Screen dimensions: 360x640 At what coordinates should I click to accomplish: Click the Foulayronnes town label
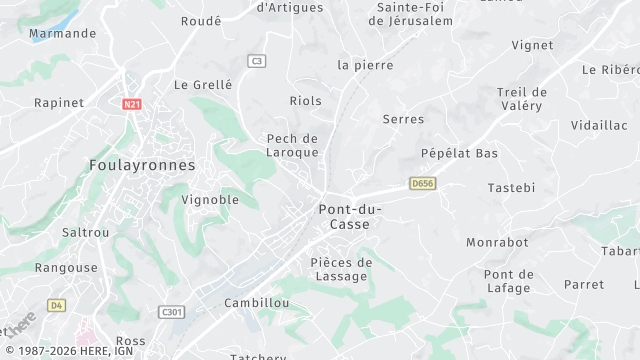point(142,165)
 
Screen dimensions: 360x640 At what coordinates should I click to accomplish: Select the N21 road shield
point(132,104)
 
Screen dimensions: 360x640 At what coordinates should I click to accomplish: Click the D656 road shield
point(422,183)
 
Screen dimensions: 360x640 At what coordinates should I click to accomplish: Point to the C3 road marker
point(257,61)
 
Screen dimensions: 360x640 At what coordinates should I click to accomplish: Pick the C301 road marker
point(172,312)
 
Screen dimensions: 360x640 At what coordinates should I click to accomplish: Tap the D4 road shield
point(56,304)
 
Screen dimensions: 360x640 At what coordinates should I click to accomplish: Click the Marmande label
point(63,33)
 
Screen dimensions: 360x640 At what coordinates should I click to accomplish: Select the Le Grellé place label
point(203,85)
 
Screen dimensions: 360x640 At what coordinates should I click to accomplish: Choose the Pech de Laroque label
point(292,145)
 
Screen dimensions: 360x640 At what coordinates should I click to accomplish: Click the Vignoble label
point(210,199)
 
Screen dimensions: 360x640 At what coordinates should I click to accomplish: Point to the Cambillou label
point(257,302)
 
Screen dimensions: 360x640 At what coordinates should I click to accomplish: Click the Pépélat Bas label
point(459,153)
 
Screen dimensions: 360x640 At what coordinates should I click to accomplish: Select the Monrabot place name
point(497,242)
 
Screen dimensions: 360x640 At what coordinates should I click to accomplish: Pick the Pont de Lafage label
point(507,281)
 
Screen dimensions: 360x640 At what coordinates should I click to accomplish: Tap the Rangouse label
point(66,268)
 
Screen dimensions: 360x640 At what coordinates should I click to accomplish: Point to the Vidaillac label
point(599,125)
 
